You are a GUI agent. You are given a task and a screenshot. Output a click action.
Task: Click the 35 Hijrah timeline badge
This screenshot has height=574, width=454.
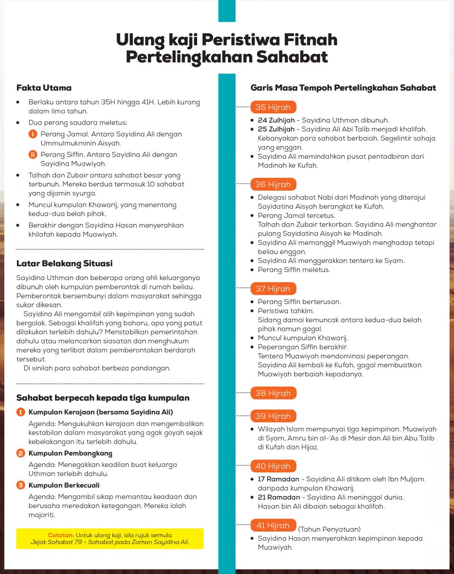click(273, 107)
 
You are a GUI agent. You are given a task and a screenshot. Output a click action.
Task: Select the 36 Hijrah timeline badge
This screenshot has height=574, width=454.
click(273, 184)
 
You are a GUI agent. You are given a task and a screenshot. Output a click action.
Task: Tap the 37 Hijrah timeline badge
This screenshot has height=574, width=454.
click(273, 289)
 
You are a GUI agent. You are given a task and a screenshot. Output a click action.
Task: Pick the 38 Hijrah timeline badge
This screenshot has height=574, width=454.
click(273, 393)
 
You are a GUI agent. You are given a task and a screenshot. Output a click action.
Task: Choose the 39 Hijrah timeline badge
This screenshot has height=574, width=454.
click(273, 416)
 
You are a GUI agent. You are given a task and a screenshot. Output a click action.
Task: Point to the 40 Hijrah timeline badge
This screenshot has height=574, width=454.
click(273, 466)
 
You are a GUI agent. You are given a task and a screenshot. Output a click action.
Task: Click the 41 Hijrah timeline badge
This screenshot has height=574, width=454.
click(273, 526)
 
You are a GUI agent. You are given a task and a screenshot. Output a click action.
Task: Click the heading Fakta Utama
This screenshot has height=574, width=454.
click(44, 88)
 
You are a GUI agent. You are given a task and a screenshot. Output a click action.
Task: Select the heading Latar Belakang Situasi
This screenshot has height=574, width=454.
click(64, 263)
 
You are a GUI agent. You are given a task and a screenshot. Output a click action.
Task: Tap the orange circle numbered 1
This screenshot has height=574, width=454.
click(21, 412)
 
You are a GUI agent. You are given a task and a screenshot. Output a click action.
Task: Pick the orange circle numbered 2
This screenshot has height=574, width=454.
click(21, 453)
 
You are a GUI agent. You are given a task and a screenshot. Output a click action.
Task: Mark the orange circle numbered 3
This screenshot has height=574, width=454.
click(21, 485)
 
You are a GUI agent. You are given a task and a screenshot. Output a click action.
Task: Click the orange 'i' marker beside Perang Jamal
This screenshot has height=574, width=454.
click(33, 134)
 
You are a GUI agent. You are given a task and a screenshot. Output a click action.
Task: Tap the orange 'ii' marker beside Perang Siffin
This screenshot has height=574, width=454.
click(33, 154)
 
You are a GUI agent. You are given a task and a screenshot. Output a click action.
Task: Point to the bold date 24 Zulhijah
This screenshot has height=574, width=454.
click(276, 120)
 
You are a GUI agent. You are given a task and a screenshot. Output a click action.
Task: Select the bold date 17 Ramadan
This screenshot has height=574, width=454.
click(278, 479)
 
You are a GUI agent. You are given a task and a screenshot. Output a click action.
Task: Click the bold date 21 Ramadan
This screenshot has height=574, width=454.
click(278, 497)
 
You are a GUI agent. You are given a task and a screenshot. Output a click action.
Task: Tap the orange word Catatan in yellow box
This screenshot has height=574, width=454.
click(61, 535)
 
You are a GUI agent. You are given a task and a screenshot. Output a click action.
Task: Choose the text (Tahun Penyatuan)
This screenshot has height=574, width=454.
click(329, 529)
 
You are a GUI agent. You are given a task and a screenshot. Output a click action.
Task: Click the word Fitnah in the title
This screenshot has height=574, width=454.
click(310, 40)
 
